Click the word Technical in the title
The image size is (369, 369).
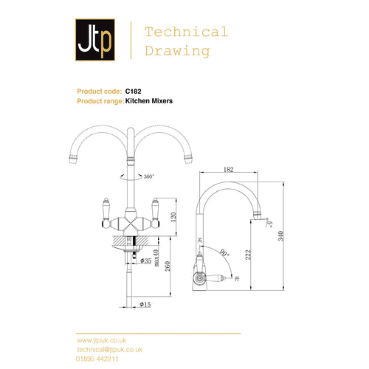coord(186,32)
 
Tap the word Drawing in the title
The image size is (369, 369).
coord(177,51)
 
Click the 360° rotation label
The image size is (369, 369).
coord(150,177)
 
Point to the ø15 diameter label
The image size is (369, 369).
coord(146,303)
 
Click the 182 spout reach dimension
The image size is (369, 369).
coord(228,170)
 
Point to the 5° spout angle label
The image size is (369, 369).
coord(271,221)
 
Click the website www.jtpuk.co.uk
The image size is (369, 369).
coord(102,339)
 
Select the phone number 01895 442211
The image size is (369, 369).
coord(97,356)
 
